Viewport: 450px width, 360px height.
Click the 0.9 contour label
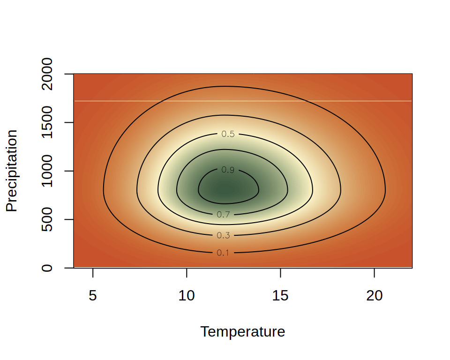click(x=228, y=170)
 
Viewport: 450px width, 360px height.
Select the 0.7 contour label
click(x=223, y=215)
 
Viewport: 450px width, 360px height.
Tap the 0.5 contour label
click(x=228, y=134)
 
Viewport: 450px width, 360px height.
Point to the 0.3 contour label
click(x=223, y=235)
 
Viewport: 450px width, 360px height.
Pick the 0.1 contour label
click(x=223, y=253)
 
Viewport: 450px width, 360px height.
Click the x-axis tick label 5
click(x=93, y=296)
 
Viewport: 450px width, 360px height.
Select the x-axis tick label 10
click(x=187, y=296)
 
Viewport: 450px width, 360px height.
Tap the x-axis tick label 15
click(x=280, y=296)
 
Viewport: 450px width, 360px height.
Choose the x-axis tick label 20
click(x=374, y=296)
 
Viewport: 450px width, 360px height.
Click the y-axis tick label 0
click(x=47, y=268)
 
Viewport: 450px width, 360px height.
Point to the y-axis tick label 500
click(x=47, y=219)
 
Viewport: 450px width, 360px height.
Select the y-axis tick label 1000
click(x=47, y=171)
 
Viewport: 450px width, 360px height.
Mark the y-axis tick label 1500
click(x=47, y=122)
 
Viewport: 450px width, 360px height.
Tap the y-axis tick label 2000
click(x=47, y=74)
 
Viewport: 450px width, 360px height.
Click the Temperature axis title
click(x=242, y=332)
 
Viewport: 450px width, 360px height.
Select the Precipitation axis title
click(x=12, y=171)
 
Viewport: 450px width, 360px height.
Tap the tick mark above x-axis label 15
click(x=280, y=272)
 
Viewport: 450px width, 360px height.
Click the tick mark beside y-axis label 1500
click(x=69, y=122)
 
